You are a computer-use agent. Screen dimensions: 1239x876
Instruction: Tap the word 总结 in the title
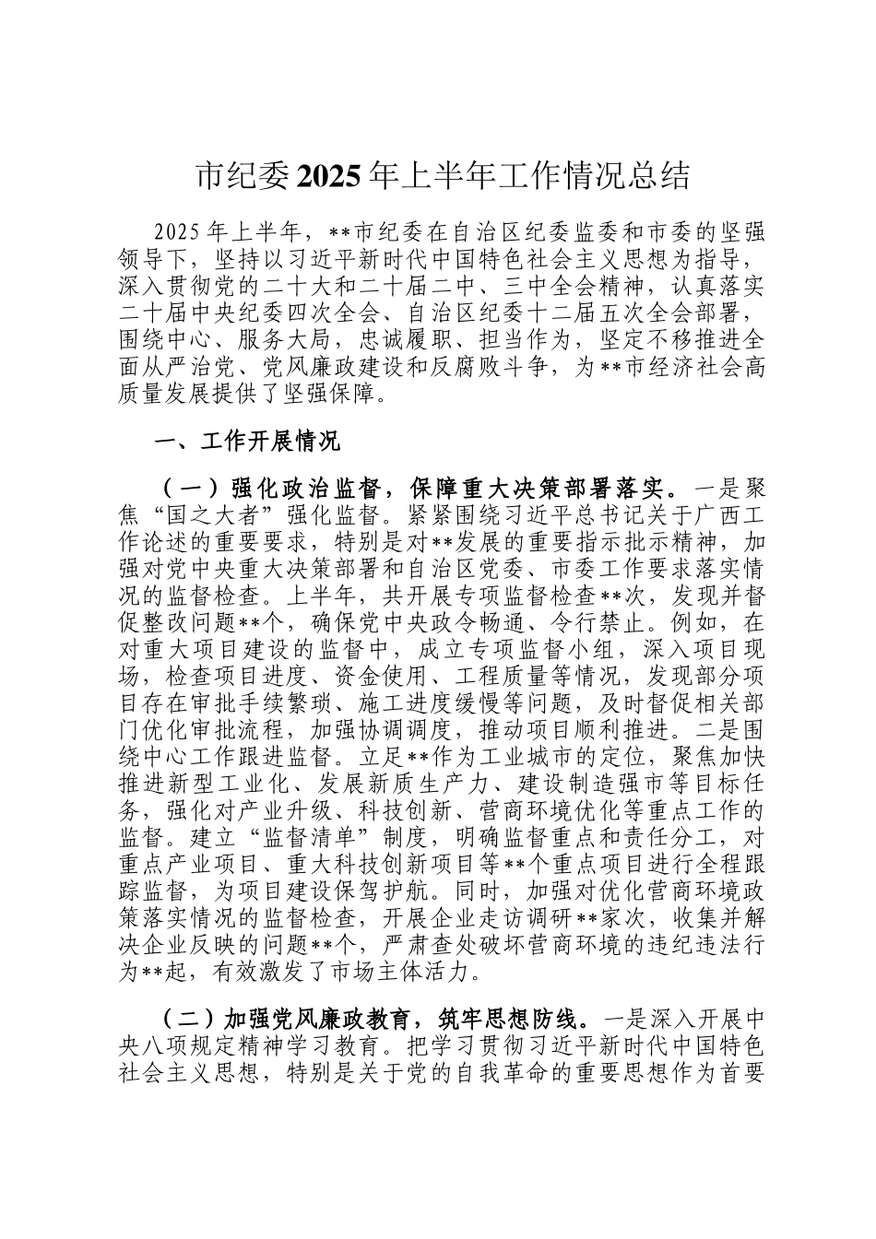click(x=660, y=175)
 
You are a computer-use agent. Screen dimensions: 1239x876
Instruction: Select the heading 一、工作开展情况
click(x=247, y=442)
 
